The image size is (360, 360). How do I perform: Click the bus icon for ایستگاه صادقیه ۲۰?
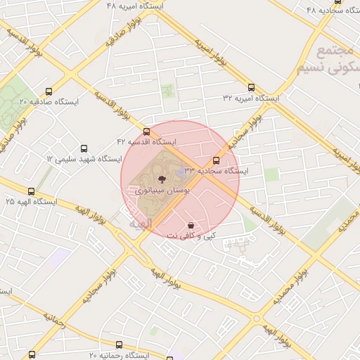pyautogui.click(x=49, y=91)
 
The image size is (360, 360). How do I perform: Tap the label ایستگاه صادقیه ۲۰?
pyautogui.click(x=49, y=102)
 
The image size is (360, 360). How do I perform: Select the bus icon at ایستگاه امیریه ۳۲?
pyautogui.click(x=251, y=87)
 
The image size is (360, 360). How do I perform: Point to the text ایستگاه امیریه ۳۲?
pyautogui.click(x=251, y=98)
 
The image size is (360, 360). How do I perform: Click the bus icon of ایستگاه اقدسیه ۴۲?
pyautogui.click(x=146, y=131)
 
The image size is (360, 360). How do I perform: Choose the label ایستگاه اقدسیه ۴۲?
pyautogui.click(x=146, y=142)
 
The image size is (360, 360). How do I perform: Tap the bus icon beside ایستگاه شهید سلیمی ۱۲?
pyautogui.click(x=84, y=149)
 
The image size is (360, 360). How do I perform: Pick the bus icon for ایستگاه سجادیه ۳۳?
pyautogui.click(x=216, y=160)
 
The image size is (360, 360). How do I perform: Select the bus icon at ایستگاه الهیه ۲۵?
pyautogui.click(x=31, y=191)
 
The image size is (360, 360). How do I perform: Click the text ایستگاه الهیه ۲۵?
pyautogui.click(x=31, y=202)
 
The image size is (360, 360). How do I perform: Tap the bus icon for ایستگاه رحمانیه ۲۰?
pyautogui.click(x=119, y=345)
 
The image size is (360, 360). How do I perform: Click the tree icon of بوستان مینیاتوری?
pyautogui.click(x=162, y=179)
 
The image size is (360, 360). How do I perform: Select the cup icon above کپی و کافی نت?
pyautogui.click(x=191, y=225)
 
